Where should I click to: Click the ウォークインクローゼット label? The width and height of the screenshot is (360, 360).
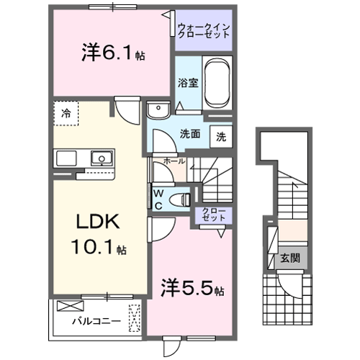point(203,32)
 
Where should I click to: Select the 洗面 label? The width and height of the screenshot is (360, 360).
point(189,133)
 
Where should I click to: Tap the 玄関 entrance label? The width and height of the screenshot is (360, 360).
point(289,258)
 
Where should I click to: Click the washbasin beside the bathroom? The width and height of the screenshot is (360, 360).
point(156,109)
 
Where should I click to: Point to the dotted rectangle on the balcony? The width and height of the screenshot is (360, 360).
point(134,318)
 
